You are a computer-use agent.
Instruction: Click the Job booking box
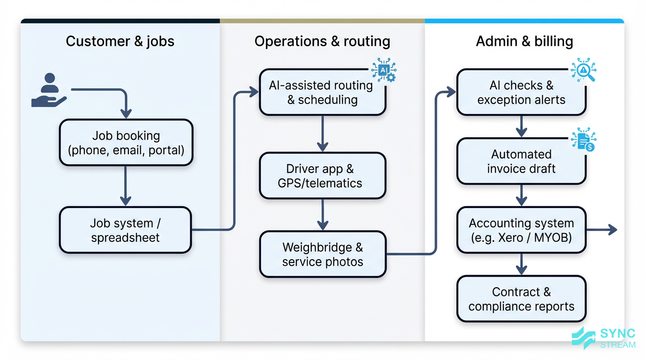(126, 142)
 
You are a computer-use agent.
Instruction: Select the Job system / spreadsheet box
(125, 230)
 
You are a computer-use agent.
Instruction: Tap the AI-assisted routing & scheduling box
(322, 92)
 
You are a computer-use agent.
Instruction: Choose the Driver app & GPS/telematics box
(322, 176)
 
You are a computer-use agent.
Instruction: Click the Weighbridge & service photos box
(322, 254)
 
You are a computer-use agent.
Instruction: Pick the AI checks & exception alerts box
(521, 92)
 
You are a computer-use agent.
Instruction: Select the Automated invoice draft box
(521, 161)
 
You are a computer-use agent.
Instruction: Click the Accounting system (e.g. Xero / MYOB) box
(521, 230)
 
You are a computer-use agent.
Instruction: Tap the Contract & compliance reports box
(521, 299)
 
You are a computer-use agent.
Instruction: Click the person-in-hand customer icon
(49, 90)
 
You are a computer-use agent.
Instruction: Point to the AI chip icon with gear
(384, 70)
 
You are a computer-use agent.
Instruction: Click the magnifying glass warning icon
(583, 71)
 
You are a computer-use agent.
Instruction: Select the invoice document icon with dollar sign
(584, 140)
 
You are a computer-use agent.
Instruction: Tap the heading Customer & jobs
(120, 41)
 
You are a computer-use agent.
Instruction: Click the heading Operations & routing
(322, 41)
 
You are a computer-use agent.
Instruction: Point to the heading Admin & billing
(524, 41)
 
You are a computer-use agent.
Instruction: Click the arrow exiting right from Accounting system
(602, 229)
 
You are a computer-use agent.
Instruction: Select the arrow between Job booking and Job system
(125, 186)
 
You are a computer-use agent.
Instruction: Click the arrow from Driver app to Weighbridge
(322, 215)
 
